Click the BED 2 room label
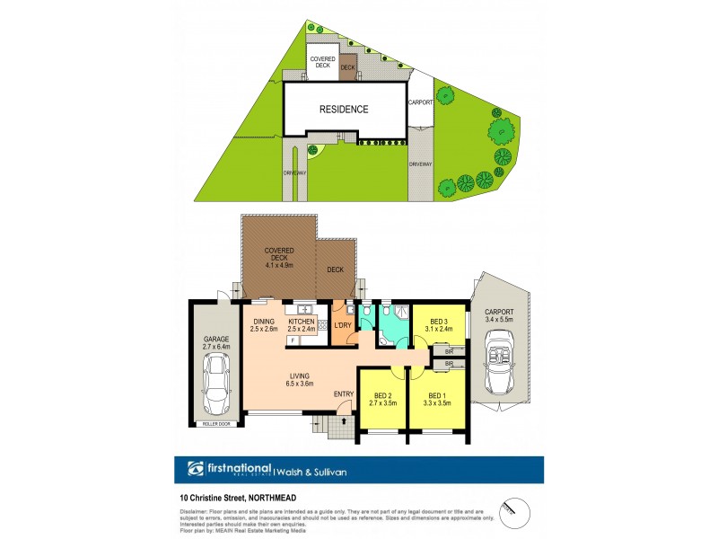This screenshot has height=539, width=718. pyautogui.click(x=381, y=397)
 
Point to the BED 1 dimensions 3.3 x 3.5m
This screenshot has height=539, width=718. pyautogui.click(x=437, y=404)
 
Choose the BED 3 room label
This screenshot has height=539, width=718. pyautogui.click(x=439, y=321)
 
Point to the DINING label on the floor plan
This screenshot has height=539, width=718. pyautogui.click(x=264, y=321)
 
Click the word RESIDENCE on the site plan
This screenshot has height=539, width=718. pyautogui.click(x=344, y=110)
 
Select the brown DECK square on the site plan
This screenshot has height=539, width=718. pyautogui.click(x=348, y=67)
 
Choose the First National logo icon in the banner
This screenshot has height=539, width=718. pyautogui.click(x=196, y=469)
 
